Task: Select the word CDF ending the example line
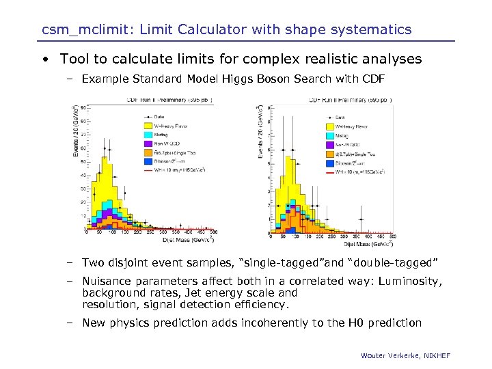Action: coord(373,79)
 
